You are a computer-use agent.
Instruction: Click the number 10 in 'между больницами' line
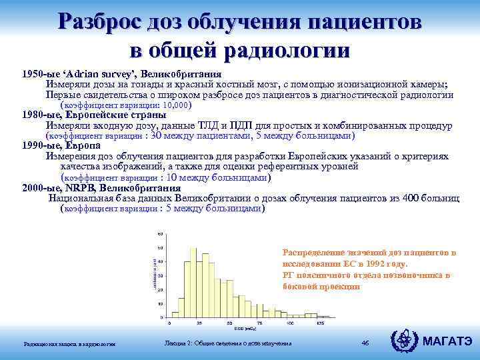173,178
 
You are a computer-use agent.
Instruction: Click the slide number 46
365,343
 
